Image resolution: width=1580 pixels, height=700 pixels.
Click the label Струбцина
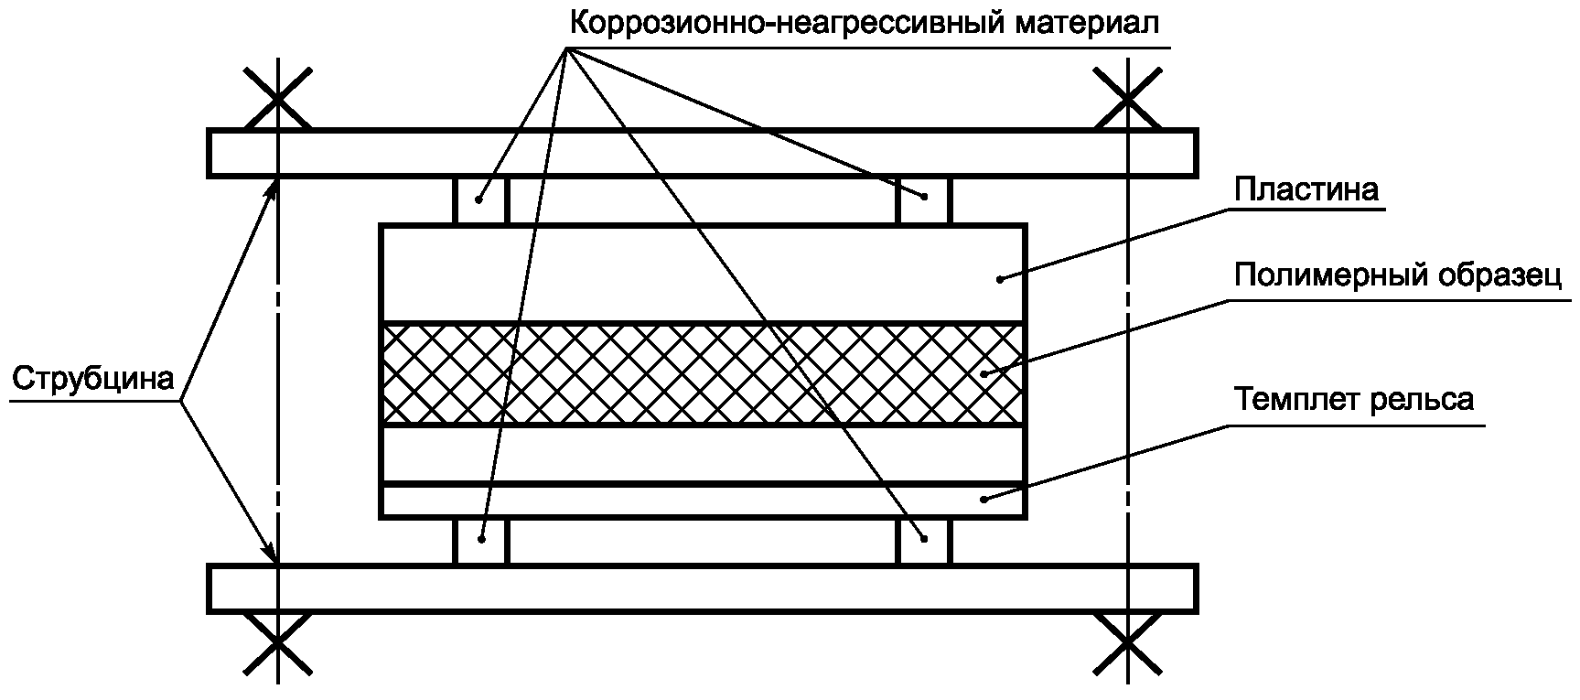coord(93,378)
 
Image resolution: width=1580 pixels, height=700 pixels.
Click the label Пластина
coord(1306,189)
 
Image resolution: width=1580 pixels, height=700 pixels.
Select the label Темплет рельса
coord(1353,400)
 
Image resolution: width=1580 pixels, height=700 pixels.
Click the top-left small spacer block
coord(479,199)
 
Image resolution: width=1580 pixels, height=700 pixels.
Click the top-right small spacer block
coord(924,199)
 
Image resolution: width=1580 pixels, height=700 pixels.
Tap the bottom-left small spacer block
coord(479,543)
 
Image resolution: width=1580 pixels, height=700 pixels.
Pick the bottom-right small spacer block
coord(924,543)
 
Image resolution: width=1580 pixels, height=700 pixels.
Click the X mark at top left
coord(277,96)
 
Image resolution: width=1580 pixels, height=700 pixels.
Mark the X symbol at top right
coord(1127,96)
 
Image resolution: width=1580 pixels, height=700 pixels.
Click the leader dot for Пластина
coord(999,278)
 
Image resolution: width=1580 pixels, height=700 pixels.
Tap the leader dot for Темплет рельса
coord(983,499)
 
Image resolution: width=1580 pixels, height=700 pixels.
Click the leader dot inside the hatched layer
coord(983,373)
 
